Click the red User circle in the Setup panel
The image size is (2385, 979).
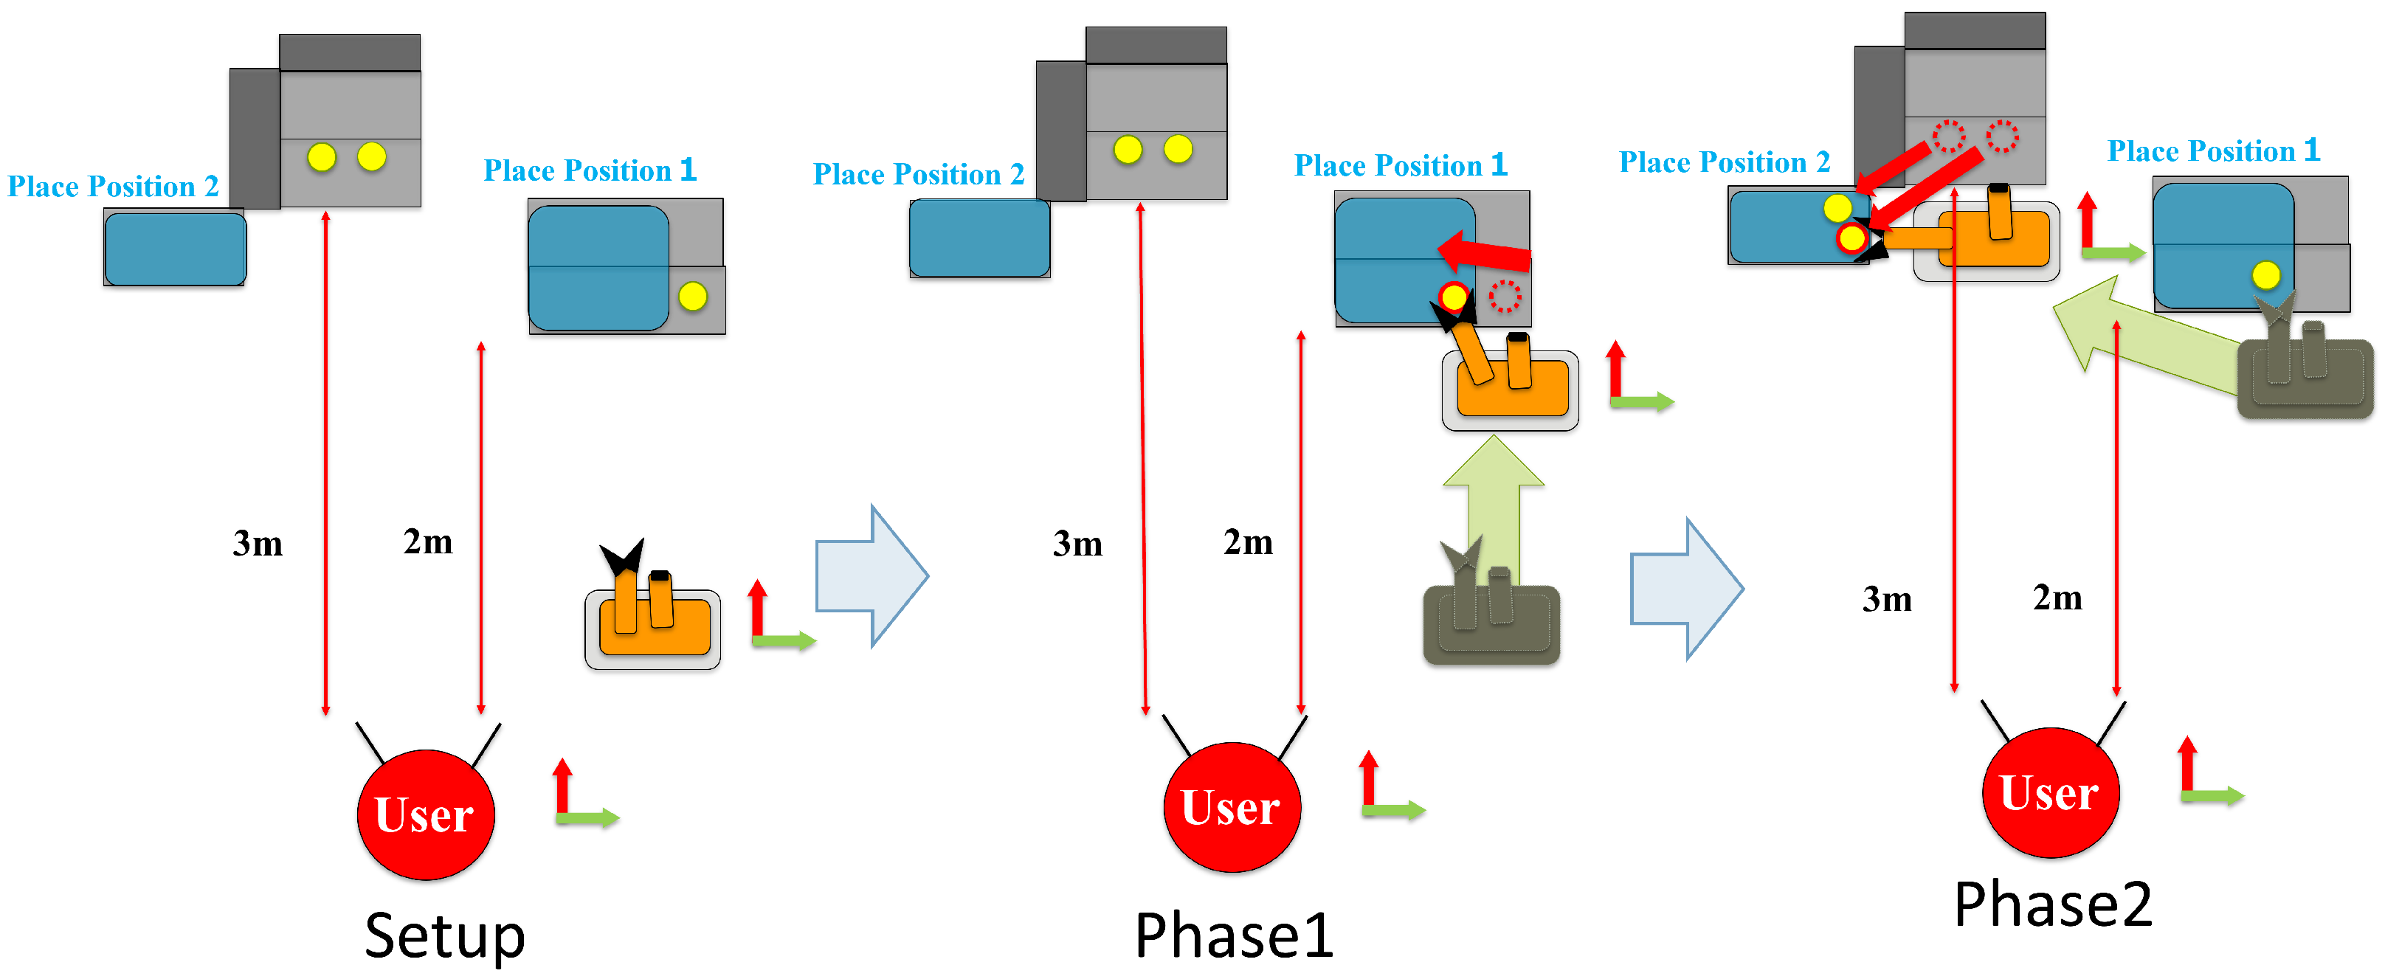(x=426, y=814)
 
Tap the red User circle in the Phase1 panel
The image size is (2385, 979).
(x=1232, y=807)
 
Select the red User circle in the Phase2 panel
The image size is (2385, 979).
(x=2051, y=792)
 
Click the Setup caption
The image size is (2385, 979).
(x=444, y=936)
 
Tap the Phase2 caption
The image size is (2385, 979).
(x=2053, y=903)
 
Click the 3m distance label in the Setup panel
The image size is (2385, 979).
(x=258, y=543)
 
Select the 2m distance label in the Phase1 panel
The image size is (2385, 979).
(x=1248, y=542)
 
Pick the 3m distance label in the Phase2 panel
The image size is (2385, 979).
(x=1887, y=599)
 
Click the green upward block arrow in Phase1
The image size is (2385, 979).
(x=1494, y=509)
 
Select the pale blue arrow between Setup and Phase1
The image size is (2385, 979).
(x=871, y=575)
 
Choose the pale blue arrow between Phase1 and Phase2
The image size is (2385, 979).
(x=1687, y=589)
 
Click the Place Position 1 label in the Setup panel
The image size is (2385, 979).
(x=590, y=170)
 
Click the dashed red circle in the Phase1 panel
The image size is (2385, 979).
(x=1505, y=296)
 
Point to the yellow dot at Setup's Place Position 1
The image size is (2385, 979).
(x=692, y=296)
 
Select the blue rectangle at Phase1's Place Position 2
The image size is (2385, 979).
(x=979, y=238)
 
